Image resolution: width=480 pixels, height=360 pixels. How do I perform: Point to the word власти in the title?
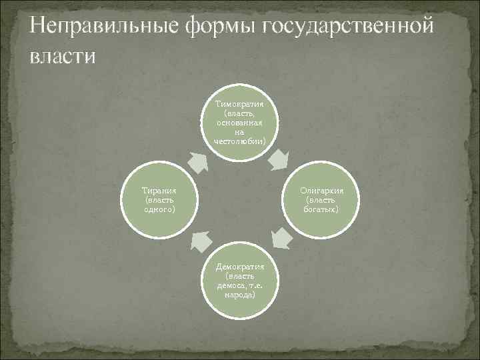click(x=63, y=56)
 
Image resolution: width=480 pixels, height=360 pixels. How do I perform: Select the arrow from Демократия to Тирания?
click(x=198, y=241)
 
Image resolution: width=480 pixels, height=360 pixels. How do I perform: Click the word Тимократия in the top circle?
click(x=239, y=105)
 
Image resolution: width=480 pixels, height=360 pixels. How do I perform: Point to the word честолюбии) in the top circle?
click(x=239, y=141)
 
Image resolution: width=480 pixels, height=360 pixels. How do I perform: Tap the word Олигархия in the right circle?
click(x=321, y=191)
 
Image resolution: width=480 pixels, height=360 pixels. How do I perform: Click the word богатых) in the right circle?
click(x=321, y=209)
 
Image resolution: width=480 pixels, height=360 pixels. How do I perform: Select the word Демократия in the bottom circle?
click(x=239, y=266)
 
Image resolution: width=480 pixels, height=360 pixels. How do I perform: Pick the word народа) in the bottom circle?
click(x=239, y=294)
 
